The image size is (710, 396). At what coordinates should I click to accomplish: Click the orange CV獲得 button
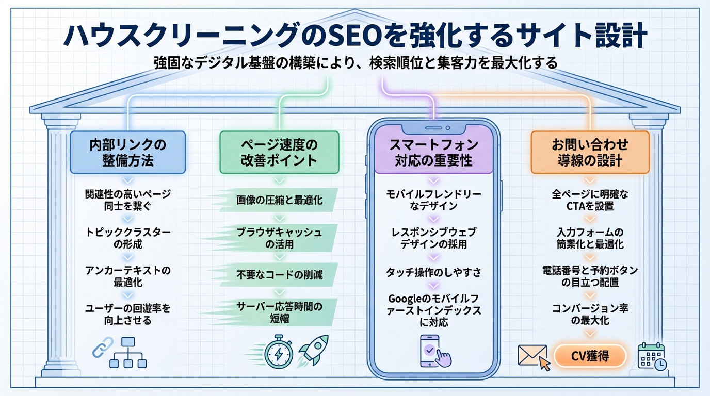pos(590,356)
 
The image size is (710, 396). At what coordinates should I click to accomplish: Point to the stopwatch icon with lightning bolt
pos(279,353)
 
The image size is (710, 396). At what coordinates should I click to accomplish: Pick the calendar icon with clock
pos(651,355)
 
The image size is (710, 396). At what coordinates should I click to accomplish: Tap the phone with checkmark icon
pos(432,351)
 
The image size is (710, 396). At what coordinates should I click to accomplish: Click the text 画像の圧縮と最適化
pos(279,200)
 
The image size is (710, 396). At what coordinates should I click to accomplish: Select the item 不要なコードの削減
pos(279,274)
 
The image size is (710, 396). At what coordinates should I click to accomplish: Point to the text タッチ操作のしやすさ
pos(433,272)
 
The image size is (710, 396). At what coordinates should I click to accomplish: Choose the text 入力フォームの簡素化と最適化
pos(590,238)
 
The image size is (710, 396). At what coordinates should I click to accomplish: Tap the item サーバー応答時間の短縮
pos(279,312)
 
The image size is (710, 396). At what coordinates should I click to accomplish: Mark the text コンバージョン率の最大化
pos(590,315)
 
